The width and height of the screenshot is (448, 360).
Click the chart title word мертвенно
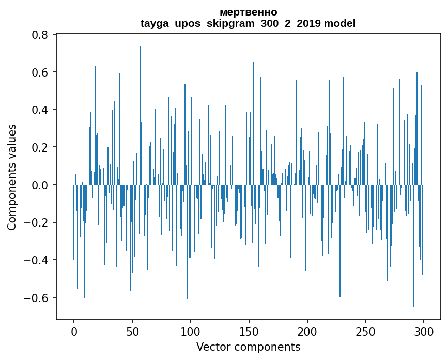coord(248,12)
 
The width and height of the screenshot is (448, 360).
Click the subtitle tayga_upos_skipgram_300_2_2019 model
coord(248,23)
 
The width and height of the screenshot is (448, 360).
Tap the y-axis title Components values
coord(12,177)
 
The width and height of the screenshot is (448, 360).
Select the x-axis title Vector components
coord(248,347)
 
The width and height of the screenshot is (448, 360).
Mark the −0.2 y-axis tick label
coord(36,223)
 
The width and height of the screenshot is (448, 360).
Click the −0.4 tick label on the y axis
coord(36,261)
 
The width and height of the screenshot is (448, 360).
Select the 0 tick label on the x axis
coord(74,332)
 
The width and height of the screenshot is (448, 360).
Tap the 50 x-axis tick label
coord(132,332)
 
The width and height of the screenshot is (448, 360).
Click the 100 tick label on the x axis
coord(190,332)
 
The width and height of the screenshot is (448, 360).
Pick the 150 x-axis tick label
coord(249,332)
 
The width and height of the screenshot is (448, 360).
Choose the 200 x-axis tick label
coord(307,332)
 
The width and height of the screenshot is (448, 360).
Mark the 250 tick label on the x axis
coord(365,332)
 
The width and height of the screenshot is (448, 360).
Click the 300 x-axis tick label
coord(423,332)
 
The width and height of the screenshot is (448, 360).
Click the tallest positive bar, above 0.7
coord(140,115)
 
